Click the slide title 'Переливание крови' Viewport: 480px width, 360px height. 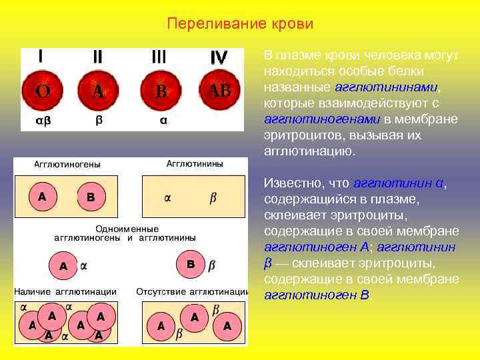click(240, 25)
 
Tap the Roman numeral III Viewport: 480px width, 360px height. click(159, 57)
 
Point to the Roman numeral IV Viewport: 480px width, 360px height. click(219, 58)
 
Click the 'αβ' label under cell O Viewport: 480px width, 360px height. click(42, 121)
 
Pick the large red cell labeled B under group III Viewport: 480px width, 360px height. click(160, 91)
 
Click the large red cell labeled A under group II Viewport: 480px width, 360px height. click(99, 91)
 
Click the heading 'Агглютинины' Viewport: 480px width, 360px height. click(194, 163)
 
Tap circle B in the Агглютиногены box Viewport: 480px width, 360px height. click(91, 197)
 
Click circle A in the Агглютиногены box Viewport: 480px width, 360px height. click(42, 197)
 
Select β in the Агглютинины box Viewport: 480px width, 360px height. click(213, 197)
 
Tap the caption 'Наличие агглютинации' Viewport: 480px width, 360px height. click(67, 291)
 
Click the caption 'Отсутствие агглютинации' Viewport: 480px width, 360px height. click(192, 291)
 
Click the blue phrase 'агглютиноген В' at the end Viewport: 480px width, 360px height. click(317, 295)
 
